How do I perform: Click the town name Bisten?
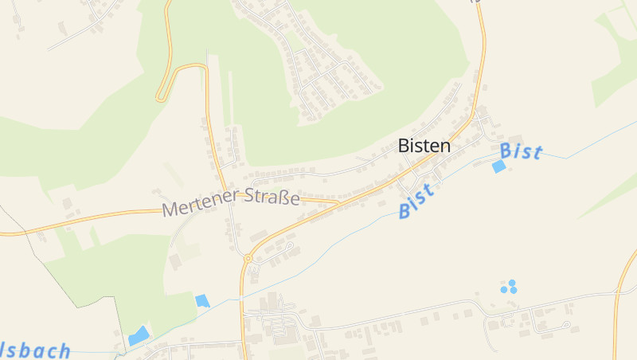pyautogui.click(x=424, y=147)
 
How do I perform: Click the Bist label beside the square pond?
pyautogui.click(x=522, y=151)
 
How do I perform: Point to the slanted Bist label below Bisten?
pyautogui.click(x=416, y=202)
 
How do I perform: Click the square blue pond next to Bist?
pyautogui.click(x=498, y=166)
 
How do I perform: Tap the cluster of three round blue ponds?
pyautogui.click(x=509, y=287)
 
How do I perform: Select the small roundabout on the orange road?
pyautogui.click(x=248, y=258)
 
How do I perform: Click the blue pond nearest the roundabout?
pyautogui.click(x=202, y=301)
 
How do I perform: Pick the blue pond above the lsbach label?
pyautogui.click(x=139, y=335)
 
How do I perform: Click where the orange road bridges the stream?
pyautogui.click(x=241, y=298)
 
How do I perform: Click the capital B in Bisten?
pyautogui.click(x=404, y=147)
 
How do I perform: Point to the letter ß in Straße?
pyautogui.click(x=284, y=196)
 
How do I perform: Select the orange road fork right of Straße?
pyautogui.click(x=338, y=202)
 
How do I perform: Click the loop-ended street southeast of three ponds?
pyautogui.click(x=564, y=325)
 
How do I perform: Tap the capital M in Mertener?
pyautogui.click(x=170, y=210)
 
